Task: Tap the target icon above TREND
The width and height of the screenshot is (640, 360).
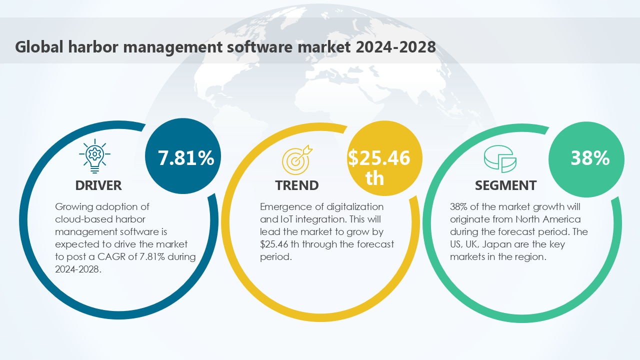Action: pos(296,158)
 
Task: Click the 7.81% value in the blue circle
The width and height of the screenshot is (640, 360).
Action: pos(186,158)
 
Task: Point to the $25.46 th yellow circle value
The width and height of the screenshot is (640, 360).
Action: pos(379,167)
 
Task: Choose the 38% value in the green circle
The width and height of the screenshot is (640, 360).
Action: pos(590,158)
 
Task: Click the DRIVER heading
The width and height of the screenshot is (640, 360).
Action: pos(98,185)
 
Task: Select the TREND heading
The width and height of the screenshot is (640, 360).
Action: pos(296,185)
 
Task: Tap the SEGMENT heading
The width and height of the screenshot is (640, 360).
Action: pos(505,185)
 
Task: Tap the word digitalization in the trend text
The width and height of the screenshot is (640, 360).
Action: pos(353,206)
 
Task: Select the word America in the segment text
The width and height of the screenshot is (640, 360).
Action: pos(561,219)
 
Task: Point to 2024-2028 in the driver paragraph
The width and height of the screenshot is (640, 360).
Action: pos(78,269)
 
